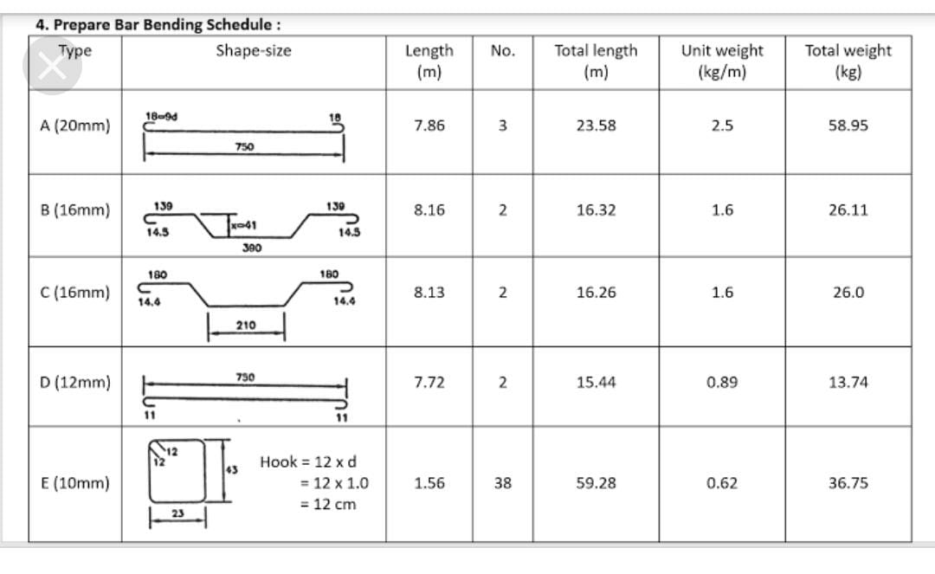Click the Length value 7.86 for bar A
pyautogui.click(x=429, y=126)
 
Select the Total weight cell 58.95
pyautogui.click(x=848, y=126)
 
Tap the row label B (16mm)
pyautogui.click(x=75, y=210)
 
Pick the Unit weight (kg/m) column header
pyautogui.click(x=722, y=61)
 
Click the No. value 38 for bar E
pyautogui.click(x=502, y=483)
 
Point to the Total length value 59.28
pyautogui.click(x=596, y=483)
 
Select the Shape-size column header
pyautogui.click(x=254, y=50)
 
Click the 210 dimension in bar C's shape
pyautogui.click(x=245, y=325)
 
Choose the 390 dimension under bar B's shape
pyautogui.click(x=251, y=248)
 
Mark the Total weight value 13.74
pyautogui.click(x=848, y=382)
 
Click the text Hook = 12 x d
pyautogui.click(x=308, y=462)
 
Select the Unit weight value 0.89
pyautogui.click(x=722, y=382)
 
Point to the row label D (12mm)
pyautogui.click(x=75, y=382)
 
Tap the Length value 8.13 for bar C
pyautogui.click(x=429, y=293)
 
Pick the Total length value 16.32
pyautogui.click(x=596, y=210)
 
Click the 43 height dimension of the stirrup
pyautogui.click(x=231, y=469)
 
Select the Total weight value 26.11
pyautogui.click(x=848, y=210)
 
